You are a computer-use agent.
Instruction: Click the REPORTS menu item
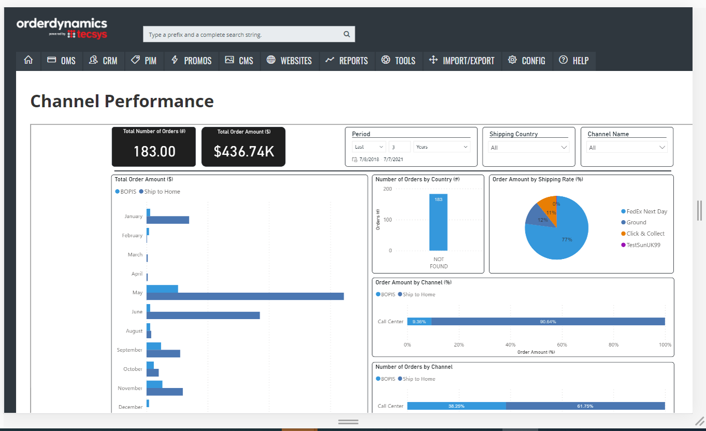pyautogui.click(x=347, y=61)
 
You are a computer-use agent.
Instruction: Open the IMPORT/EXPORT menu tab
pyautogui.click(x=462, y=61)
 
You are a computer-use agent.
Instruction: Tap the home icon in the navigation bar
pyautogui.click(x=28, y=61)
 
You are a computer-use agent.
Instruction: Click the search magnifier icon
pyautogui.click(x=347, y=35)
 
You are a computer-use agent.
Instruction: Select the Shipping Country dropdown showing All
pyautogui.click(x=528, y=148)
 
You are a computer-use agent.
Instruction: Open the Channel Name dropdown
pyautogui.click(x=627, y=148)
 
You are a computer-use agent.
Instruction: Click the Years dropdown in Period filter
pyautogui.click(x=442, y=147)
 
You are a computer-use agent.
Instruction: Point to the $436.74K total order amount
pyautogui.click(x=243, y=151)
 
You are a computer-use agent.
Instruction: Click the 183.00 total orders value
pyautogui.click(x=154, y=151)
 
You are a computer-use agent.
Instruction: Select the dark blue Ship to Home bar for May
pyautogui.click(x=245, y=296)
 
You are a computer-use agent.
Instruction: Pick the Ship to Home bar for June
pyautogui.click(x=203, y=315)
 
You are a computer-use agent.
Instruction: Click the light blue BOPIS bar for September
pyautogui.click(x=154, y=346)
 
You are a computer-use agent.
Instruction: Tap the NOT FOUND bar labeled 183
pyautogui.click(x=438, y=223)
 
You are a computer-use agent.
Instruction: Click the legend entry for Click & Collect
pyautogui.click(x=645, y=234)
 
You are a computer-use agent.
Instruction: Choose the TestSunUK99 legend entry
pyautogui.click(x=643, y=245)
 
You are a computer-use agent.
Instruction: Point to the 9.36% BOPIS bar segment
pyautogui.click(x=419, y=322)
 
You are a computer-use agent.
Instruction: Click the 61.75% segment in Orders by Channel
pyautogui.click(x=585, y=406)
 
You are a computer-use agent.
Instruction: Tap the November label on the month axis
pyautogui.click(x=130, y=388)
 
